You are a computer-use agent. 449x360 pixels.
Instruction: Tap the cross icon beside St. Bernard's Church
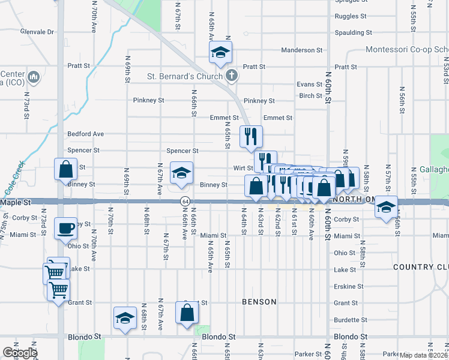pyautogui.click(x=233, y=76)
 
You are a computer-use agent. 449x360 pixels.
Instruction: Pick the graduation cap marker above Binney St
pyautogui.click(x=181, y=173)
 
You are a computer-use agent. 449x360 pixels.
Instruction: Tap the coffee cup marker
pyautogui.click(x=65, y=229)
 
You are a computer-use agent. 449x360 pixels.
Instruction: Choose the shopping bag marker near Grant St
pyautogui.click(x=187, y=313)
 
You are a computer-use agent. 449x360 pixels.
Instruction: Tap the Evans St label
pyautogui.click(x=309, y=85)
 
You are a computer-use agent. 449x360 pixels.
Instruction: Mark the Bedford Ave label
pyautogui.click(x=86, y=134)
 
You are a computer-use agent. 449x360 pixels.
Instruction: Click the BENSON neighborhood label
pyautogui.click(x=259, y=302)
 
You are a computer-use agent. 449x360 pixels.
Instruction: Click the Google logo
pyautogui.click(x=20, y=353)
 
